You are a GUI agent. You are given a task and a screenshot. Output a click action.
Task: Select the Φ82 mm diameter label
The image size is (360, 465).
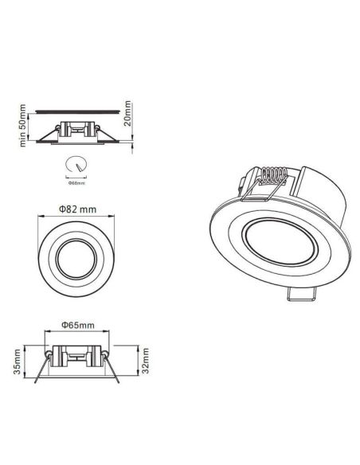point(77,209)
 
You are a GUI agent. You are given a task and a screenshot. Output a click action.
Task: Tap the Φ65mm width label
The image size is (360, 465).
point(77,326)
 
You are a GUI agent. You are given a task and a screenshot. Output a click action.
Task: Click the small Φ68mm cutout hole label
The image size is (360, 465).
point(76,183)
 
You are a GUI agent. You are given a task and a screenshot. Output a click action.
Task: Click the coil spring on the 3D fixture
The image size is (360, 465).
point(272,177)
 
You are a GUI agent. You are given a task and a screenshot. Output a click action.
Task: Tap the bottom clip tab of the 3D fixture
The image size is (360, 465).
point(299,295)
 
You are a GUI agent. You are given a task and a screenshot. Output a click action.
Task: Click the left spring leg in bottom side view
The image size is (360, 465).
point(41,370)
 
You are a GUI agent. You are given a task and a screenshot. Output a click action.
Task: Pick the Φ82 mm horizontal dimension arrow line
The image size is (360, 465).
point(77,217)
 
